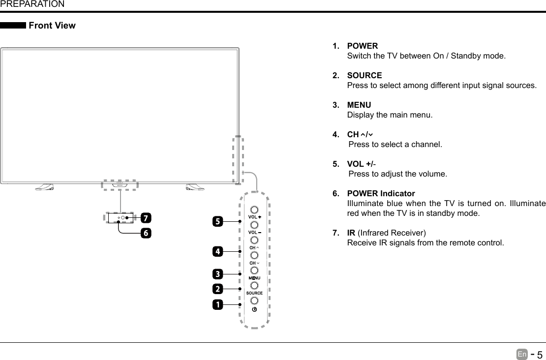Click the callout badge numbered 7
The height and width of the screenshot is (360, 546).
click(x=146, y=217)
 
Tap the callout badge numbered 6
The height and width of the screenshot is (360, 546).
click(x=146, y=233)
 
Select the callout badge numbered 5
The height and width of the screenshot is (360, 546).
click(x=217, y=222)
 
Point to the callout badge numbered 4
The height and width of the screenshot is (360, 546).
click(x=217, y=251)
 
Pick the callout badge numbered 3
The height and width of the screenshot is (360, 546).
click(x=217, y=273)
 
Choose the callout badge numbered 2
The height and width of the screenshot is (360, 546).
click(x=217, y=288)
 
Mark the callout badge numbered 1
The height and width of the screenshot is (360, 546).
click(x=217, y=304)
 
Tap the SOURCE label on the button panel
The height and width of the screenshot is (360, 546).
click(x=254, y=293)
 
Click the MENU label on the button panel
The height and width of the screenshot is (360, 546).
click(x=254, y=278)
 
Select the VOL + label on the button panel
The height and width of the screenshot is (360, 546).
click(x=254, y=217)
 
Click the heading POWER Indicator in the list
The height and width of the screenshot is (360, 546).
click(x=381, y=193)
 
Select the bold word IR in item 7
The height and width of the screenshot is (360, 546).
click(x=351, y=233)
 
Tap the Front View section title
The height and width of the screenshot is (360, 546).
click(x=52, y=26)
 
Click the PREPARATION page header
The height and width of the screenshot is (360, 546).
click(x=32, y=4)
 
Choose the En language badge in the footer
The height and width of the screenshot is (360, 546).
click(x=522, y=354)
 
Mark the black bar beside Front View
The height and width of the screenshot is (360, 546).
click(x=13, y=26)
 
